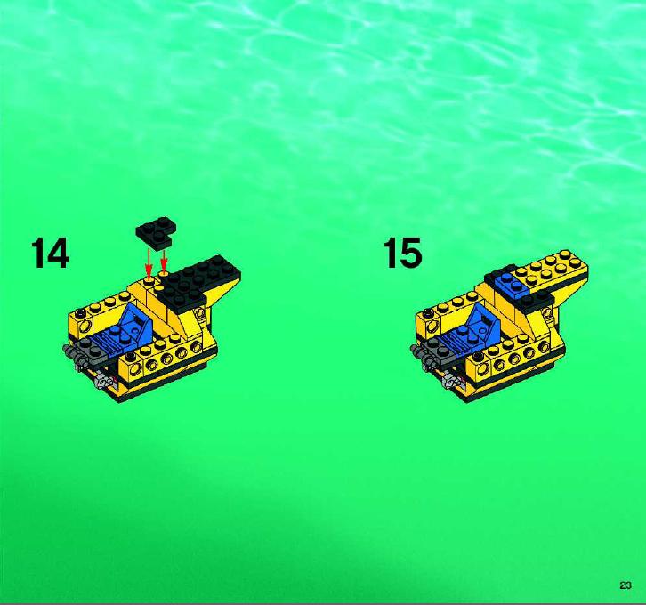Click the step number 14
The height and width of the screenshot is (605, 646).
50,253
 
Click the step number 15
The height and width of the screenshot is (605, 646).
402,253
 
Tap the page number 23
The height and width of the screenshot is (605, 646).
625,585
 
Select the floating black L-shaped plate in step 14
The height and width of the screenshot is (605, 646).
156,233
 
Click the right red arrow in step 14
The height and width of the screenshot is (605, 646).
164,260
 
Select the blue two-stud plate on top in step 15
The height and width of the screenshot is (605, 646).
513,285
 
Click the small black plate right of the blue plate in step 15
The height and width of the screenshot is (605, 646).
537,301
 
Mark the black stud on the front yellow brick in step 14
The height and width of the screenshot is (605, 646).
130,355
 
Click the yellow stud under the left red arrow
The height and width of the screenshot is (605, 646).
149,281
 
